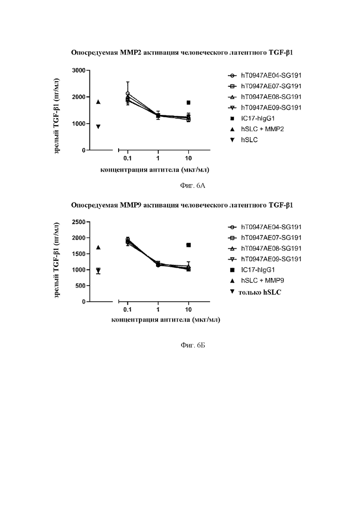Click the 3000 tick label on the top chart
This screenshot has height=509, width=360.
[x=79, y=71]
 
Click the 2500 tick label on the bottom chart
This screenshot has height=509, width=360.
[x=79, y=222]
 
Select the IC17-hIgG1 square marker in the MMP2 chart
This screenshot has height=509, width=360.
[x=188, y=102]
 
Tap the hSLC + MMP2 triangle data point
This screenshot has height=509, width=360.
[x=98, y=102]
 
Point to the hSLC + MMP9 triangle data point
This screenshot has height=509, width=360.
[x=98, y=247]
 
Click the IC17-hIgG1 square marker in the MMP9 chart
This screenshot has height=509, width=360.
[x=188, y=245]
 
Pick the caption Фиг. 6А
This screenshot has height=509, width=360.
[x=192, y=186]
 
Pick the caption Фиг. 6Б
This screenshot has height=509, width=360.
[x=193, y=345]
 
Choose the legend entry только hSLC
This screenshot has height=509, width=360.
[x=256, y=292]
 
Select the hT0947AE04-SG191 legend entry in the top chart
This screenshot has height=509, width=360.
[x=265, y=75]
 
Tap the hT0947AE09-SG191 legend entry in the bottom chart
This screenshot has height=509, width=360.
[x=265, y=259]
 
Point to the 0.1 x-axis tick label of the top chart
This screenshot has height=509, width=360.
[x=127, y=158]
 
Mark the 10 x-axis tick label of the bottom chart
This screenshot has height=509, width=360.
[x=188, y=310]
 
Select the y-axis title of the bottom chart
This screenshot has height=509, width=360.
[x=57, y=260]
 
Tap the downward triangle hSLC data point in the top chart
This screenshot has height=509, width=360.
[x=98, y=126]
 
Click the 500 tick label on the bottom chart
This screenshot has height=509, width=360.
[x=80, y=286]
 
